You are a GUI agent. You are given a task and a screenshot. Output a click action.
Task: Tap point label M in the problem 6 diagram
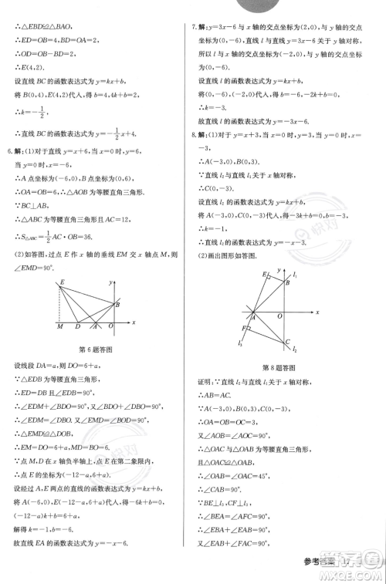pyautogui.click(x=59, y=327)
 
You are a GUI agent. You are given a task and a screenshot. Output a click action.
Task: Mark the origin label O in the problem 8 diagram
pyautogui.click(x=279, y=316)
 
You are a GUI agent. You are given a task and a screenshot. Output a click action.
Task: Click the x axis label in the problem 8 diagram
pyautogui.click(x=317, y=312)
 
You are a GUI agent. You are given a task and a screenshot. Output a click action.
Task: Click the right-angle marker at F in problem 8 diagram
pyautogui.click(x=248, y=327)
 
